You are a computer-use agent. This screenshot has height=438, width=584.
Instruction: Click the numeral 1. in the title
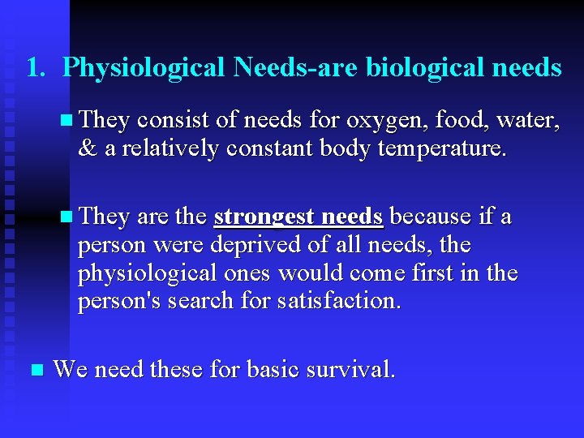click(x=35, y=67)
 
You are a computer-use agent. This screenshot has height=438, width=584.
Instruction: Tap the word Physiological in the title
click(x=144, y=67)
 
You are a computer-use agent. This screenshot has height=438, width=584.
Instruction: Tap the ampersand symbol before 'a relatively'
click(x=86, y=149)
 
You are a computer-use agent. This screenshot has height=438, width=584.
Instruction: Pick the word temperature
click(x=438, y=149)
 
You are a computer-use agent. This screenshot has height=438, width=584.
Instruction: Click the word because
click(x=432, y=217)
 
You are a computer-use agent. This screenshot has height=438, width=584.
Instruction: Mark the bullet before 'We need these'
click(x=34, y=371)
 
